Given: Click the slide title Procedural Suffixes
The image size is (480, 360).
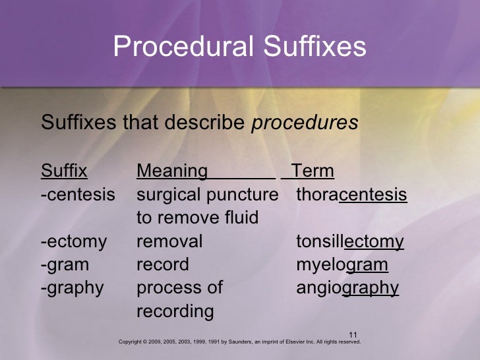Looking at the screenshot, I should (x=239, y=47).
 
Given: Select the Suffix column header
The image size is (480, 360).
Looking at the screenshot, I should (x=64, y=173).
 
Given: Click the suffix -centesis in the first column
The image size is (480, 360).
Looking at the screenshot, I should (x=77, y=196).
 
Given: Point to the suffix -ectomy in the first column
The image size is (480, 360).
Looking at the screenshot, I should (x=73, y=242).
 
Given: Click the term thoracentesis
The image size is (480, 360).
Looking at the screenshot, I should (x=351, y=196).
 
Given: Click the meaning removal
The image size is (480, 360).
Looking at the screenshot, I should (x=169, y=242).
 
